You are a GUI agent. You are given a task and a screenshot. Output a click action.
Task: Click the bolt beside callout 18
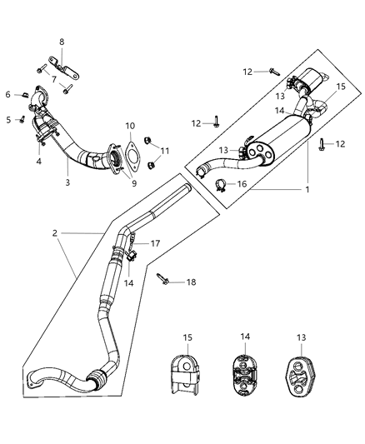click(x=162, y=281)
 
